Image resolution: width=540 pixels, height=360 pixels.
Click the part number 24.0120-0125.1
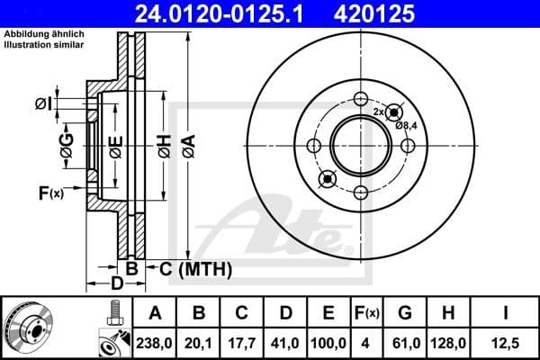click(255, 14)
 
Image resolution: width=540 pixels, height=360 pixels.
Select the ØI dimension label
click(43, 105)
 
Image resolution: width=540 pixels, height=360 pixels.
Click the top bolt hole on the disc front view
click(362, 100)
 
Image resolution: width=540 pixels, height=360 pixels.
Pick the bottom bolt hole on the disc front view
click(362, 193)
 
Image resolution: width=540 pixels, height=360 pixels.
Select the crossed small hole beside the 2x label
click(392, 113)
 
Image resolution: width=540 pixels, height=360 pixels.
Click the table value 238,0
click(155, 341)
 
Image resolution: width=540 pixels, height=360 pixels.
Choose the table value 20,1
click(201, 341)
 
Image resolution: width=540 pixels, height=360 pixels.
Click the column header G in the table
click(405, 313)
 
